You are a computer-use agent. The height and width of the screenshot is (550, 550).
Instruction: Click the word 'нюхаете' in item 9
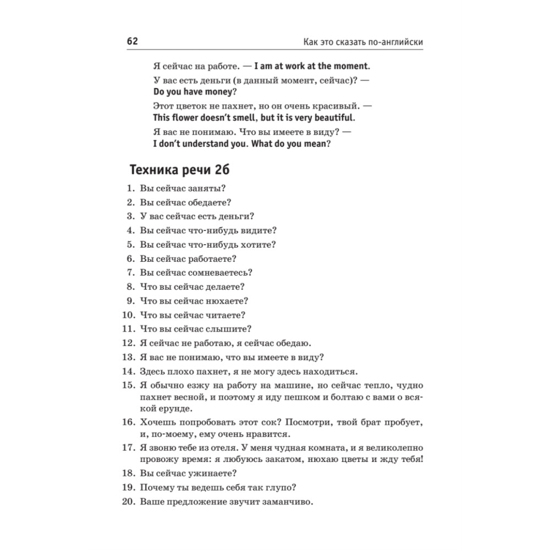227,301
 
